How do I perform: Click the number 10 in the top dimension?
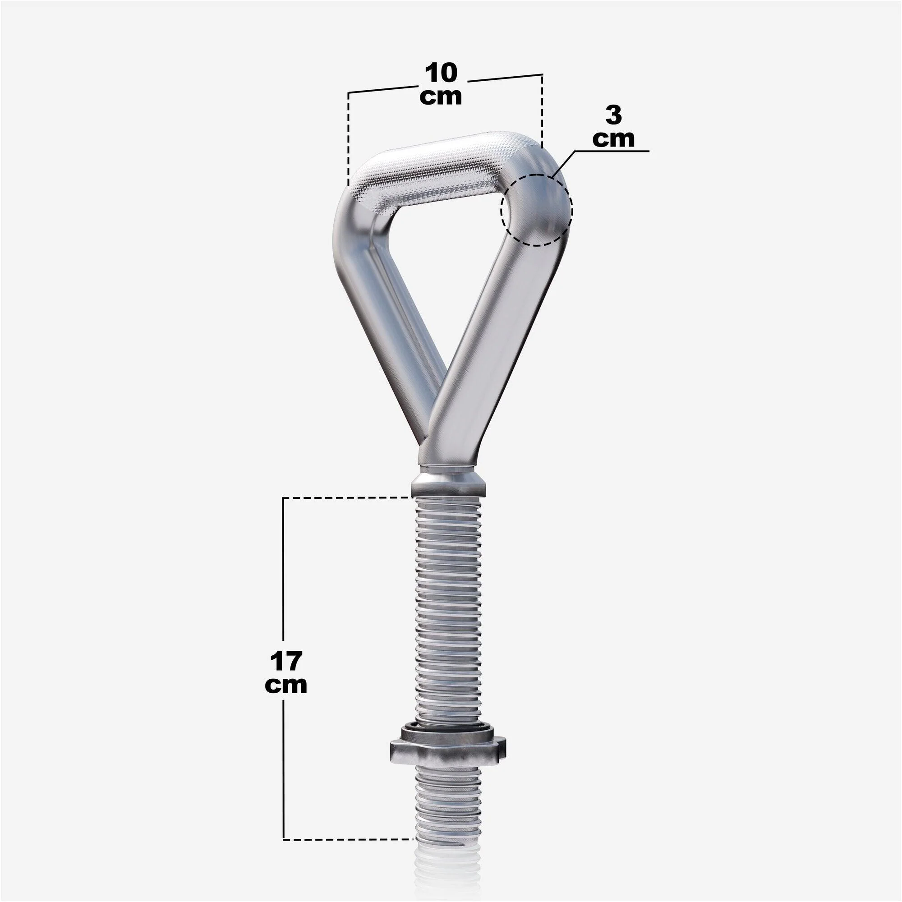[x=441, y=73]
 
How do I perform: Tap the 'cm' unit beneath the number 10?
[x=441, y=97]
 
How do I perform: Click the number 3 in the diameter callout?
[x=613, y=115]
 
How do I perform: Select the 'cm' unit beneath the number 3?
[x=613, y=138]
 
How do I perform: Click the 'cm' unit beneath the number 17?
[x=286, y=685]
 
